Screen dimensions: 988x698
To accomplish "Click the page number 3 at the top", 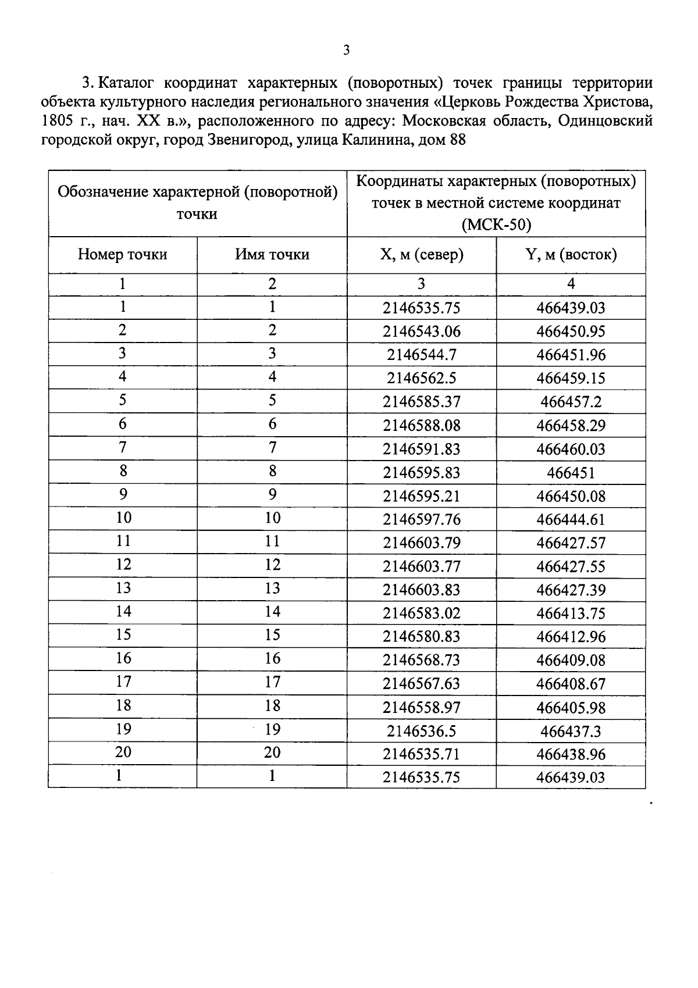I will pos(346,50).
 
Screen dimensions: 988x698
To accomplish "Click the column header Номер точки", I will pos(123,255).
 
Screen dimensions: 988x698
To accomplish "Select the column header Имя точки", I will pos(272,255).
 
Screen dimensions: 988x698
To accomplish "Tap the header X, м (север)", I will pos(422,255).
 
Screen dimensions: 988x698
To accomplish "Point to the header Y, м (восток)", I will pos(571,255).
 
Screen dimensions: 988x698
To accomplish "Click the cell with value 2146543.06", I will pos(422,331).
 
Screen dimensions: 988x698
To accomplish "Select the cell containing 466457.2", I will pos(571,402).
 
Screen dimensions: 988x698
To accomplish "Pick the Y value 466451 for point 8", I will pos(571,472).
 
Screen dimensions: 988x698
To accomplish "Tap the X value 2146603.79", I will pos(422,543).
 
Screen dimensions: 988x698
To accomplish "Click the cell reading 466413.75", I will pos(571,613).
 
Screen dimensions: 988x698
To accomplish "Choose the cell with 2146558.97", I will pos(422,707).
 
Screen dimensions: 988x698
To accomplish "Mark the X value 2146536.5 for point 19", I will pos(422,730).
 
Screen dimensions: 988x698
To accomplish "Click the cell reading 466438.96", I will pos(571,754).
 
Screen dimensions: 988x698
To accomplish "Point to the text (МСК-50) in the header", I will pos(496,225).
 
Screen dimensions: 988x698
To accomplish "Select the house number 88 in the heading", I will pos(458,140).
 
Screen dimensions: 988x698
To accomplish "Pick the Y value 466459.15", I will pos(571,379).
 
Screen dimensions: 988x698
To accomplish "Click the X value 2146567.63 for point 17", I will pos(422,684).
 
